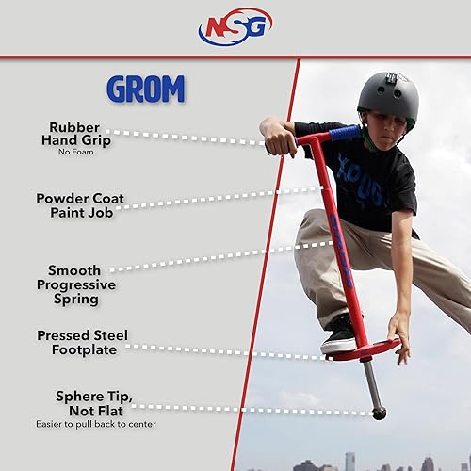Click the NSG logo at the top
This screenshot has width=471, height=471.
click(235, 26)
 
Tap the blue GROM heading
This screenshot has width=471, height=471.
click(146, 89)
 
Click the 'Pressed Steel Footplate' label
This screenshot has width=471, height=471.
click(82, 342)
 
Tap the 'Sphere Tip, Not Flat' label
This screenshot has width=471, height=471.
click(80, 403)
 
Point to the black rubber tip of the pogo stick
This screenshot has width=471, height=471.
click(379, 413)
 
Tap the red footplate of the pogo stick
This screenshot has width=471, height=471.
click(364, 350)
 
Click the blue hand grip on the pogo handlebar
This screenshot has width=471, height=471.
click(344, 133)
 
